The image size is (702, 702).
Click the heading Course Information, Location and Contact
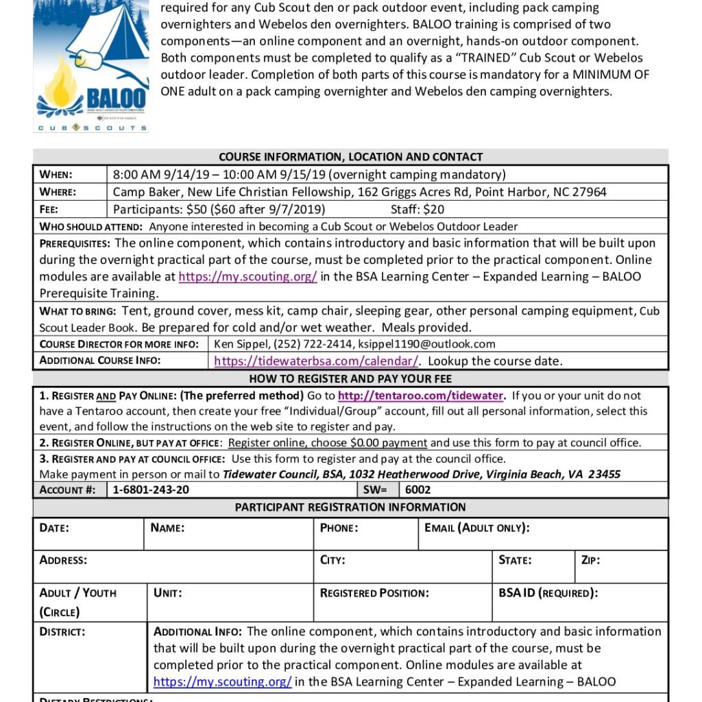coord(350,157)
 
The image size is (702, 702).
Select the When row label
coord(56,174)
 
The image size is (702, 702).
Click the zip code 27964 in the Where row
coord(590,192)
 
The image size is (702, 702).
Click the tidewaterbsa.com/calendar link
coord(316,361)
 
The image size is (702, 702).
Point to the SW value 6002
coord(418,489)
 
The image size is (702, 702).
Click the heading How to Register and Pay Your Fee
coord(350,378)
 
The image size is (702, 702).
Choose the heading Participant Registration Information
coord(350,507)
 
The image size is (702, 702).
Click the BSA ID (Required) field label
coord(548,593)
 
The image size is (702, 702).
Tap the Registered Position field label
coord(374,593)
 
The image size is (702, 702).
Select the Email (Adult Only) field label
coord(476,528)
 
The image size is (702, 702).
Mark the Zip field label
coord(590,560)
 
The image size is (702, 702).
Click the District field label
coord(62,631)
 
